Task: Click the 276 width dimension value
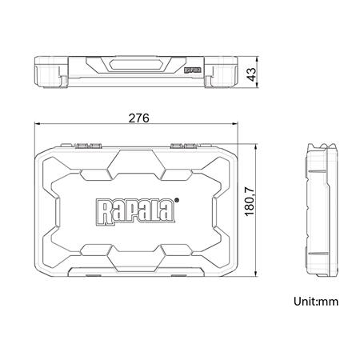(x=138, y=118)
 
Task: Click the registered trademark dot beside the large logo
(x=178, y=201)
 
